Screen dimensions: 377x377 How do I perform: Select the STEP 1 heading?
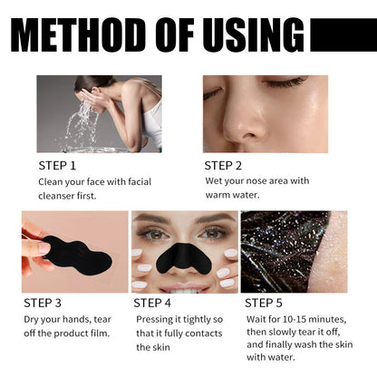tap(57, 165)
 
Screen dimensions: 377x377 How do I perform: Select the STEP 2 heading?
tap(224, 165)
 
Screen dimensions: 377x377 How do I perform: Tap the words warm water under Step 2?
tap(232, 196)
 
